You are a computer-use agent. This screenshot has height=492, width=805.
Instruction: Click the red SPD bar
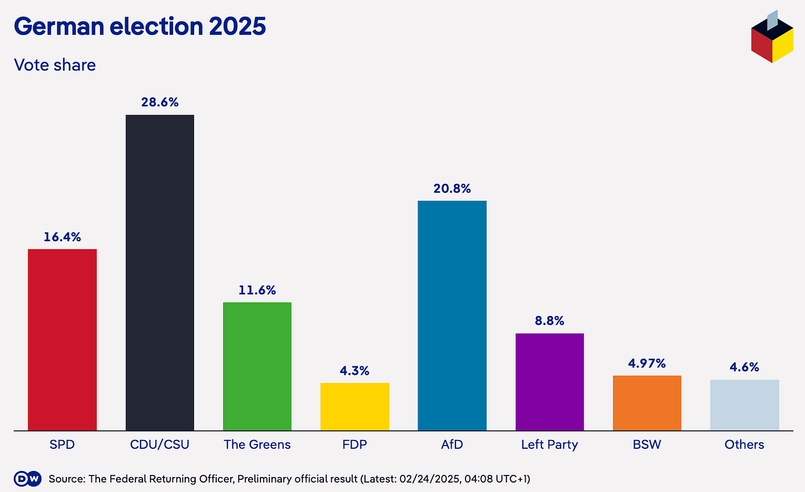(62, 339)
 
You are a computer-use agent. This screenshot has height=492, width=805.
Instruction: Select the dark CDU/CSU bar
(160, 272)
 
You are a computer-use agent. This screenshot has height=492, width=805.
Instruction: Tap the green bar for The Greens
(257, 366)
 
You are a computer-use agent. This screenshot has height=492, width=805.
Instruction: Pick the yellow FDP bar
(354, 406)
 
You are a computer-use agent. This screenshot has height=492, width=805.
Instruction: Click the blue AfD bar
(452, 315)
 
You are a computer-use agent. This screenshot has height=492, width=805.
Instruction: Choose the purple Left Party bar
(550, 381)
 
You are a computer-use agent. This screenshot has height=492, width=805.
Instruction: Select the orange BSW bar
(647, 403)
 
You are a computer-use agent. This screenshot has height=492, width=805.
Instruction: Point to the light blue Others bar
(744, 405)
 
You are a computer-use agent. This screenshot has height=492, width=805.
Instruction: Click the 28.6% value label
(160, 102)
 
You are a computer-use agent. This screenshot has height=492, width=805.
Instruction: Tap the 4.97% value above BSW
(647, 363)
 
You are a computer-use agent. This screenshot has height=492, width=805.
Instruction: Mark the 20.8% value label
(452, 188)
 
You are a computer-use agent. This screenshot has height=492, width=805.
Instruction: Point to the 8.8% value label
(550, 320)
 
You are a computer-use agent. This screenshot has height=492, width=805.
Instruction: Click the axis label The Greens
(257, 444)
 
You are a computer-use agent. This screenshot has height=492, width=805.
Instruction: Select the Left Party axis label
(550, 444)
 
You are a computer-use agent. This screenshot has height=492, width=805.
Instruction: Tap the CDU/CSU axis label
(160, 444)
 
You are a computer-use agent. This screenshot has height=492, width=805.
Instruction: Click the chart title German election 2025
(140, 26)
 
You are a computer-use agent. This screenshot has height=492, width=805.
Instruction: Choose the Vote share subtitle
(55, 65)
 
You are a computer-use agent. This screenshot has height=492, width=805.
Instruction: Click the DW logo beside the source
(28, 479)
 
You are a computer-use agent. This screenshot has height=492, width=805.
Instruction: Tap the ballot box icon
(772, 37)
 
